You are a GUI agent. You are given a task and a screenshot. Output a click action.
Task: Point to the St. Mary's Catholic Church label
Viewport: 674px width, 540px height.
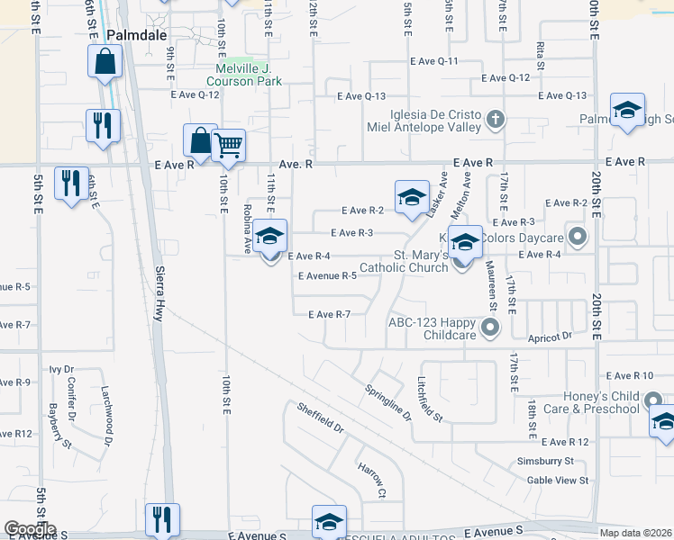pyautogui.click(x=404, y=261)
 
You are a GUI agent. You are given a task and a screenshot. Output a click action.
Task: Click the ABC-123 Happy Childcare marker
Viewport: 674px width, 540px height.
pyautogui.click(x=490, y=328)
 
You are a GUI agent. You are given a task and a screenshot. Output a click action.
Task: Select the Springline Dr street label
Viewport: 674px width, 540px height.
pyautogui.click(x=388, y=404)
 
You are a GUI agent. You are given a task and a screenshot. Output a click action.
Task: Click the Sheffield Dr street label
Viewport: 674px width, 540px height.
pyautogui.click(x=321, y=417)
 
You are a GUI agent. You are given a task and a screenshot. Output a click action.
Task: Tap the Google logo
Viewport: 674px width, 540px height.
pyautogui.click(x=30, y=529)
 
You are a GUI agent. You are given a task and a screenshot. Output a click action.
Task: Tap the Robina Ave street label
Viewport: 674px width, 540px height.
pyautogui.click(x=247, y=227)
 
